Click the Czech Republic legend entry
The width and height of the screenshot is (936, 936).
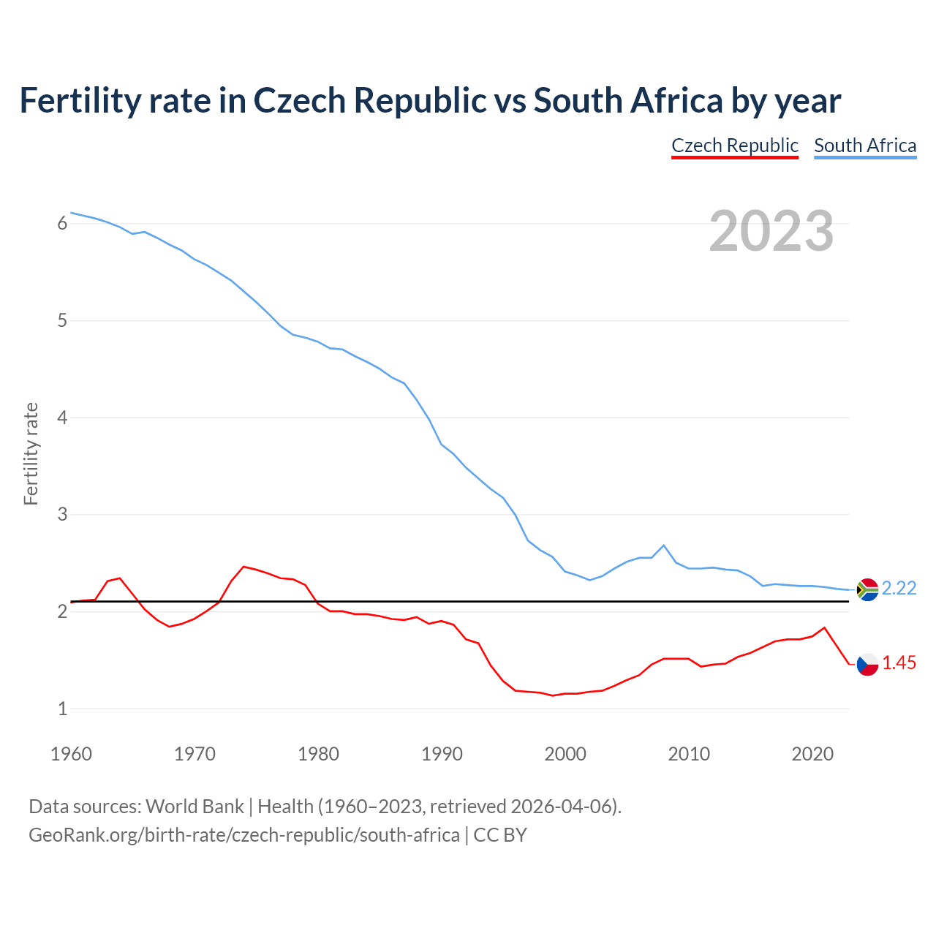734,146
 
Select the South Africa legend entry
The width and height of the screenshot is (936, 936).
865,146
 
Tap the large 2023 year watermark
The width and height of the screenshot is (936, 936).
771,231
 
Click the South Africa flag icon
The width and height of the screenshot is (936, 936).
867,589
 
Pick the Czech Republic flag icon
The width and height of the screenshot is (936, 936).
867,664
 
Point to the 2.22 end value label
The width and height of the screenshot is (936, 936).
899,589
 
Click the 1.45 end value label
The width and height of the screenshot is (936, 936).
899,663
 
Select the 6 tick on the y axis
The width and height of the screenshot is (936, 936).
62,224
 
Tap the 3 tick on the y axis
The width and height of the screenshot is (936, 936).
62,515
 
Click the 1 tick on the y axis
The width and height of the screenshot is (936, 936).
62,709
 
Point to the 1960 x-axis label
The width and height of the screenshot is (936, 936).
71,754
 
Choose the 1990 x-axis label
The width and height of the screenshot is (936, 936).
442,754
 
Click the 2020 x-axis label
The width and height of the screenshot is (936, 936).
812,754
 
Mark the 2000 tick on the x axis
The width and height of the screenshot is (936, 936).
565,754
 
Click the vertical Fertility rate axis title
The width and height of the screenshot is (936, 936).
31,453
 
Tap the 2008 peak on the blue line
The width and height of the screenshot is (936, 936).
663,546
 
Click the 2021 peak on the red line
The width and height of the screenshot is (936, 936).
825,627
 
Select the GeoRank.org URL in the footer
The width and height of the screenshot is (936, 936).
244,834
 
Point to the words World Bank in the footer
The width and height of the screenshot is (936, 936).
195,807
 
